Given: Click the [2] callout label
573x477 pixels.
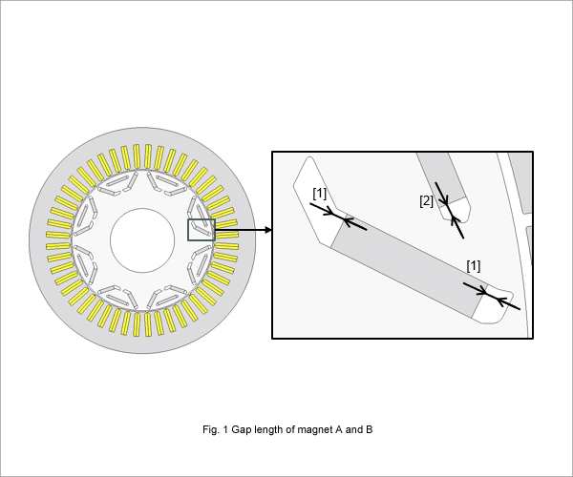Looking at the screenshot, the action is point(426,201).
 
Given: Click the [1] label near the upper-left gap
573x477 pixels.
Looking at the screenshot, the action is point(319,194).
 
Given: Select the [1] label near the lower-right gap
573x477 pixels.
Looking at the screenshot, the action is point(474,266).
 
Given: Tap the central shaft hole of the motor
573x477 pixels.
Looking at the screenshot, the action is point(142,240).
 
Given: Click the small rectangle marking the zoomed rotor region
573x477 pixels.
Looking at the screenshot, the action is point(202,219).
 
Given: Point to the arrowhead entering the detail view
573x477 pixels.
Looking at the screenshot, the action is point(269,230).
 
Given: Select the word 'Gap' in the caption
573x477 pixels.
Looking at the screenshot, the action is point(240,430).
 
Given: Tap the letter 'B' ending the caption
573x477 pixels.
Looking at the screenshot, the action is point(369,429).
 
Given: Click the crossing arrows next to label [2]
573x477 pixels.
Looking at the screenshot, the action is point(449,210).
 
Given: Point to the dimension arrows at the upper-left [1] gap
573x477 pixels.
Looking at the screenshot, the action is point(338,217).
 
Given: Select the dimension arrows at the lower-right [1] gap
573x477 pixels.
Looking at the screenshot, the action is point(492,297).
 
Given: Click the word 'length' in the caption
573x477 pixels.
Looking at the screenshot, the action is point(266,430).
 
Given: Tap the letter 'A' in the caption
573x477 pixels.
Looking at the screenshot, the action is point(338,429).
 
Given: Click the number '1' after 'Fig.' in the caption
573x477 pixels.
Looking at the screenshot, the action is point(225,429).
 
